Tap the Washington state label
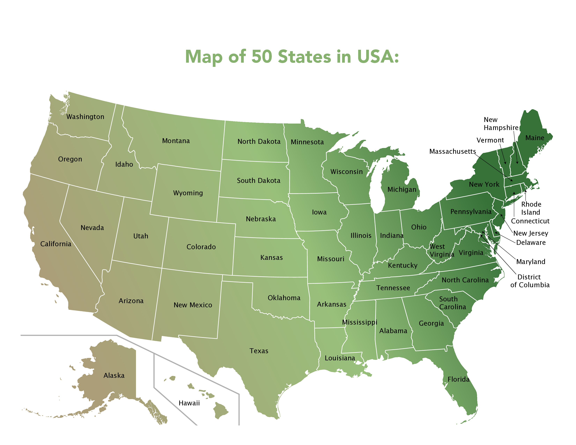coord(85,117)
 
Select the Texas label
coord(259,351)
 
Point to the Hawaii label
coord(189,403)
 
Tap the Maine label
coord(535,138)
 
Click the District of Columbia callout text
coord(530,281)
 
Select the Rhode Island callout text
coord(531,208)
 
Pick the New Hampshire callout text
coord(501,124)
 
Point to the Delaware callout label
coord(531,243)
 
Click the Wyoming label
coord(188,193)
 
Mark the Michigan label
coord(402,189)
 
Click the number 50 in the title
coord(262,57)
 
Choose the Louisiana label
coord(340,358)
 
